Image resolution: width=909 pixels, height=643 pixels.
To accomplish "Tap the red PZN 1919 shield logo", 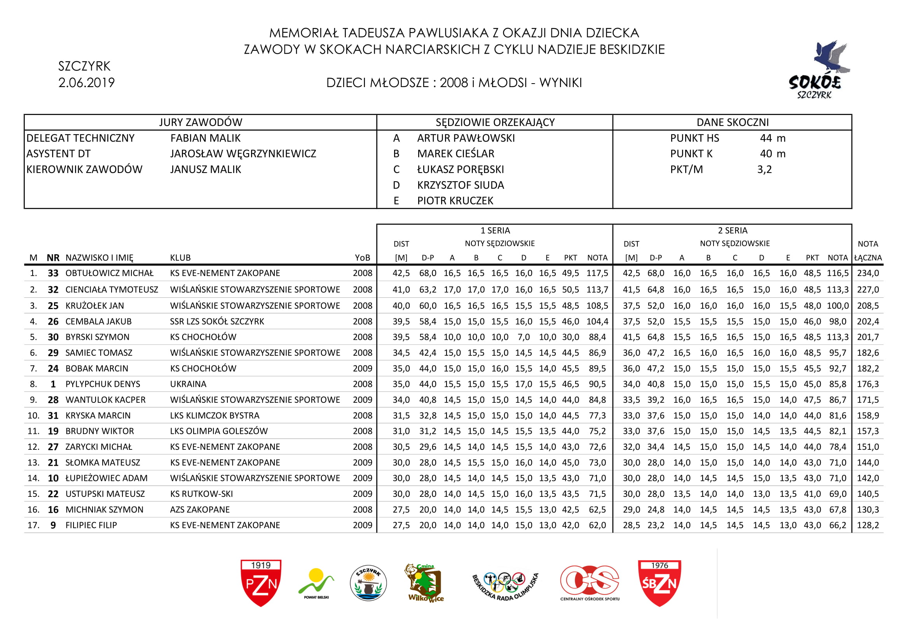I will (261, 582).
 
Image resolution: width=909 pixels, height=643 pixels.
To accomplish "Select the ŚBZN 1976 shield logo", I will (659, 582).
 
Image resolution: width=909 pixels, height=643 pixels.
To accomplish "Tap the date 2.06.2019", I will (86, 83).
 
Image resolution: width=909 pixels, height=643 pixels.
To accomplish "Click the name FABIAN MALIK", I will (205, 138).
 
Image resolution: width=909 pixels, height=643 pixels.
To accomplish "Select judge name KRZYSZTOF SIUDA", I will (461, 185).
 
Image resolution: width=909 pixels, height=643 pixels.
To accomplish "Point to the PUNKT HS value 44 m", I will (773, 138).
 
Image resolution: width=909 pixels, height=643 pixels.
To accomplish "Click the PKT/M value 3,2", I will (764, 169).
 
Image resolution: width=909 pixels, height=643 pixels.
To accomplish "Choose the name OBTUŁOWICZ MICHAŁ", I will (109, 273).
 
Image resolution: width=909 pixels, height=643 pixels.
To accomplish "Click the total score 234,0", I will (868, 273).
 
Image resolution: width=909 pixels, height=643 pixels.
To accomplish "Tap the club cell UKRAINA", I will (188, 384).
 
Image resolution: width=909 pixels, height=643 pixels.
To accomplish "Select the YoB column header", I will (362, 258).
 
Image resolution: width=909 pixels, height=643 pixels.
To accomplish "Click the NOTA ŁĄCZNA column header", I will (868, 251).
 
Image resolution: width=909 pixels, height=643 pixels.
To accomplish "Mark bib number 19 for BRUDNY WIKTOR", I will (53, 431).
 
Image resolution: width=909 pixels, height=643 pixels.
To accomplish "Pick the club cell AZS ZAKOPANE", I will (199, 510).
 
